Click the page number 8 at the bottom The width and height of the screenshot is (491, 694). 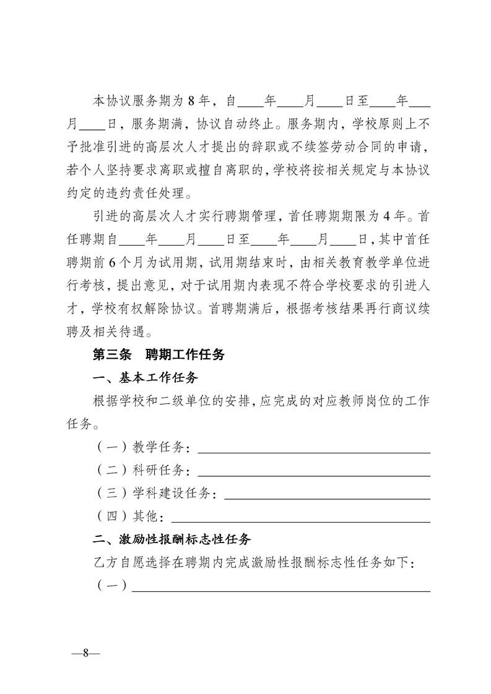[86, 653]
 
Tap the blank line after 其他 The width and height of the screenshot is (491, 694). [300, 520]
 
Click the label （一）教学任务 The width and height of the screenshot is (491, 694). [142, 447]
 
